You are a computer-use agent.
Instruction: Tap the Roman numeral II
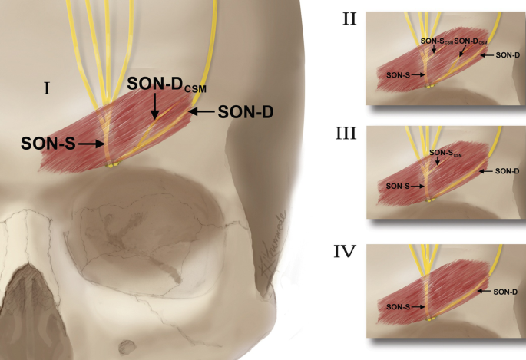349,18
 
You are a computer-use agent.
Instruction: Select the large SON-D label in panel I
246,112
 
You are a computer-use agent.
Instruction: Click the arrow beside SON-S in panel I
90,144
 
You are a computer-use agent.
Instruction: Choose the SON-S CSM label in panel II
435,40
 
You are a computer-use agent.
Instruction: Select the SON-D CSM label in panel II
470,40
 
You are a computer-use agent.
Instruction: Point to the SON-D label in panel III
507,170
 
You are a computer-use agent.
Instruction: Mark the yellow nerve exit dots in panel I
113,164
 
